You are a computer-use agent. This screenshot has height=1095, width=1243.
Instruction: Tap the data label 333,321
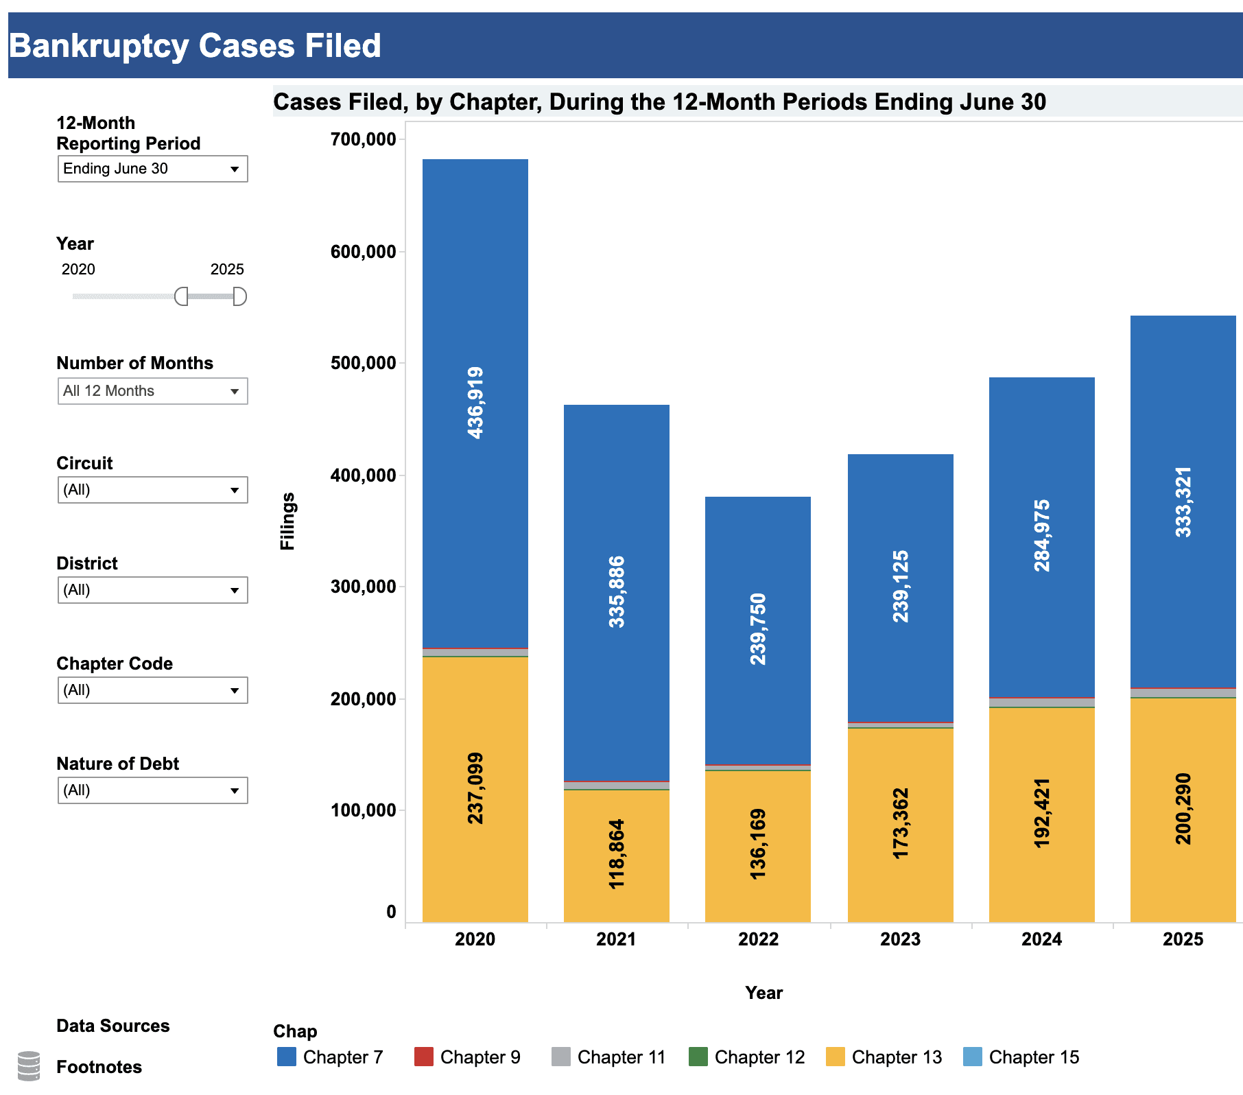pyautogui.click(x=1183, y=502)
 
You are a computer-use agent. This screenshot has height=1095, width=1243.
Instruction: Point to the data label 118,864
pyautogui.click(x=617, y=854)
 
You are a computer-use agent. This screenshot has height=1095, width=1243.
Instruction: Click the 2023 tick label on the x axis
pyautogui.click(x=900, y=939)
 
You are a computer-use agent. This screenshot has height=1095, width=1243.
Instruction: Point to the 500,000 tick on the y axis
pyautogui.click(x=364, y=363)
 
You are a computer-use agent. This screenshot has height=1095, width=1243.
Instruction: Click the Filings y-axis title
pyautogui.click(x=287, y=521)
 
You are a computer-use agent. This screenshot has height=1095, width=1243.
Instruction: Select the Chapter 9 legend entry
pyautogui.click(x=468, y=1057)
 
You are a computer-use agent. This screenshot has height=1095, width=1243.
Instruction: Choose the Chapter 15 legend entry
pyautogui.click(x=1021, y=1057)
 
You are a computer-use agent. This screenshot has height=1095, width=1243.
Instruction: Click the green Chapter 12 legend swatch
pyautogui.click(x=698, y=1057)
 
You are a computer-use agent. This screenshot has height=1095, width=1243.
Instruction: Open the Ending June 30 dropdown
pyautogui.click(x=152, y=169)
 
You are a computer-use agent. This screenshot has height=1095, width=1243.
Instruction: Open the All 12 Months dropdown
pyautogui.click(x=152, y=391)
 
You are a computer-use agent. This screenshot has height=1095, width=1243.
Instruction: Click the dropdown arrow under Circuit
pyautogui.click(x=235, y=491)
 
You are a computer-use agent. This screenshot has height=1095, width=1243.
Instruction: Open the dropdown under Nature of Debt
pyautogui.click(x=152, y=790)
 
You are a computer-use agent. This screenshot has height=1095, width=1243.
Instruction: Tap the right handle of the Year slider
pyautogui.click(x=239, y=296)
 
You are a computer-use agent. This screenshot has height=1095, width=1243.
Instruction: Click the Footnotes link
pyautogui.click(x=99, y=1067)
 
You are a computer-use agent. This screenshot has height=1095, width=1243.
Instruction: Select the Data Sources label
pyautogui.click(x=113, y=1026)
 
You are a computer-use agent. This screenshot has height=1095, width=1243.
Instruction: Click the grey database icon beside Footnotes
pyautogui.click(x=29, y=1065)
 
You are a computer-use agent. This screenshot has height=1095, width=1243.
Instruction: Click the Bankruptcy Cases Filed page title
pyautogui.click(x=195, y=46)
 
